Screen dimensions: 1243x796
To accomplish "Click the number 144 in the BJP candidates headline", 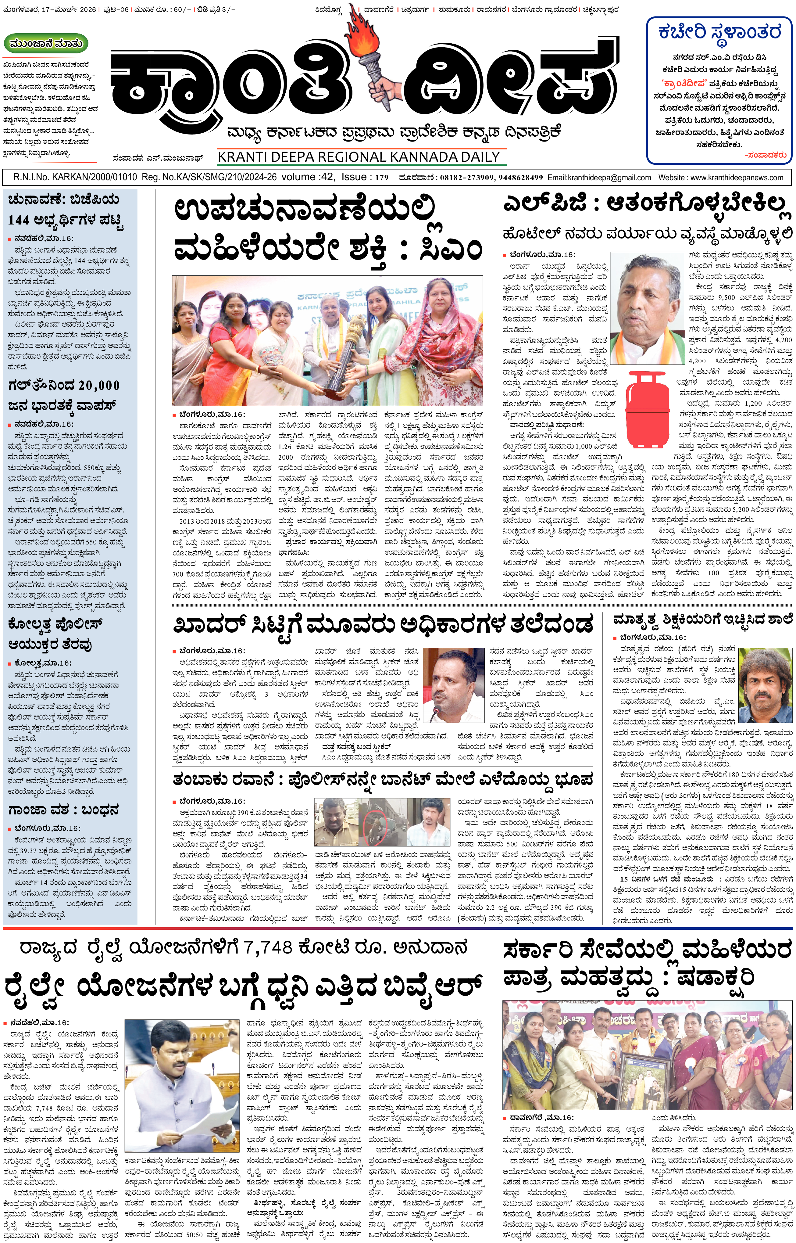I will [x=19, y=221].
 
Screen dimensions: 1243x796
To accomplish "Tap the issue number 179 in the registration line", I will [x=381, y=177].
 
